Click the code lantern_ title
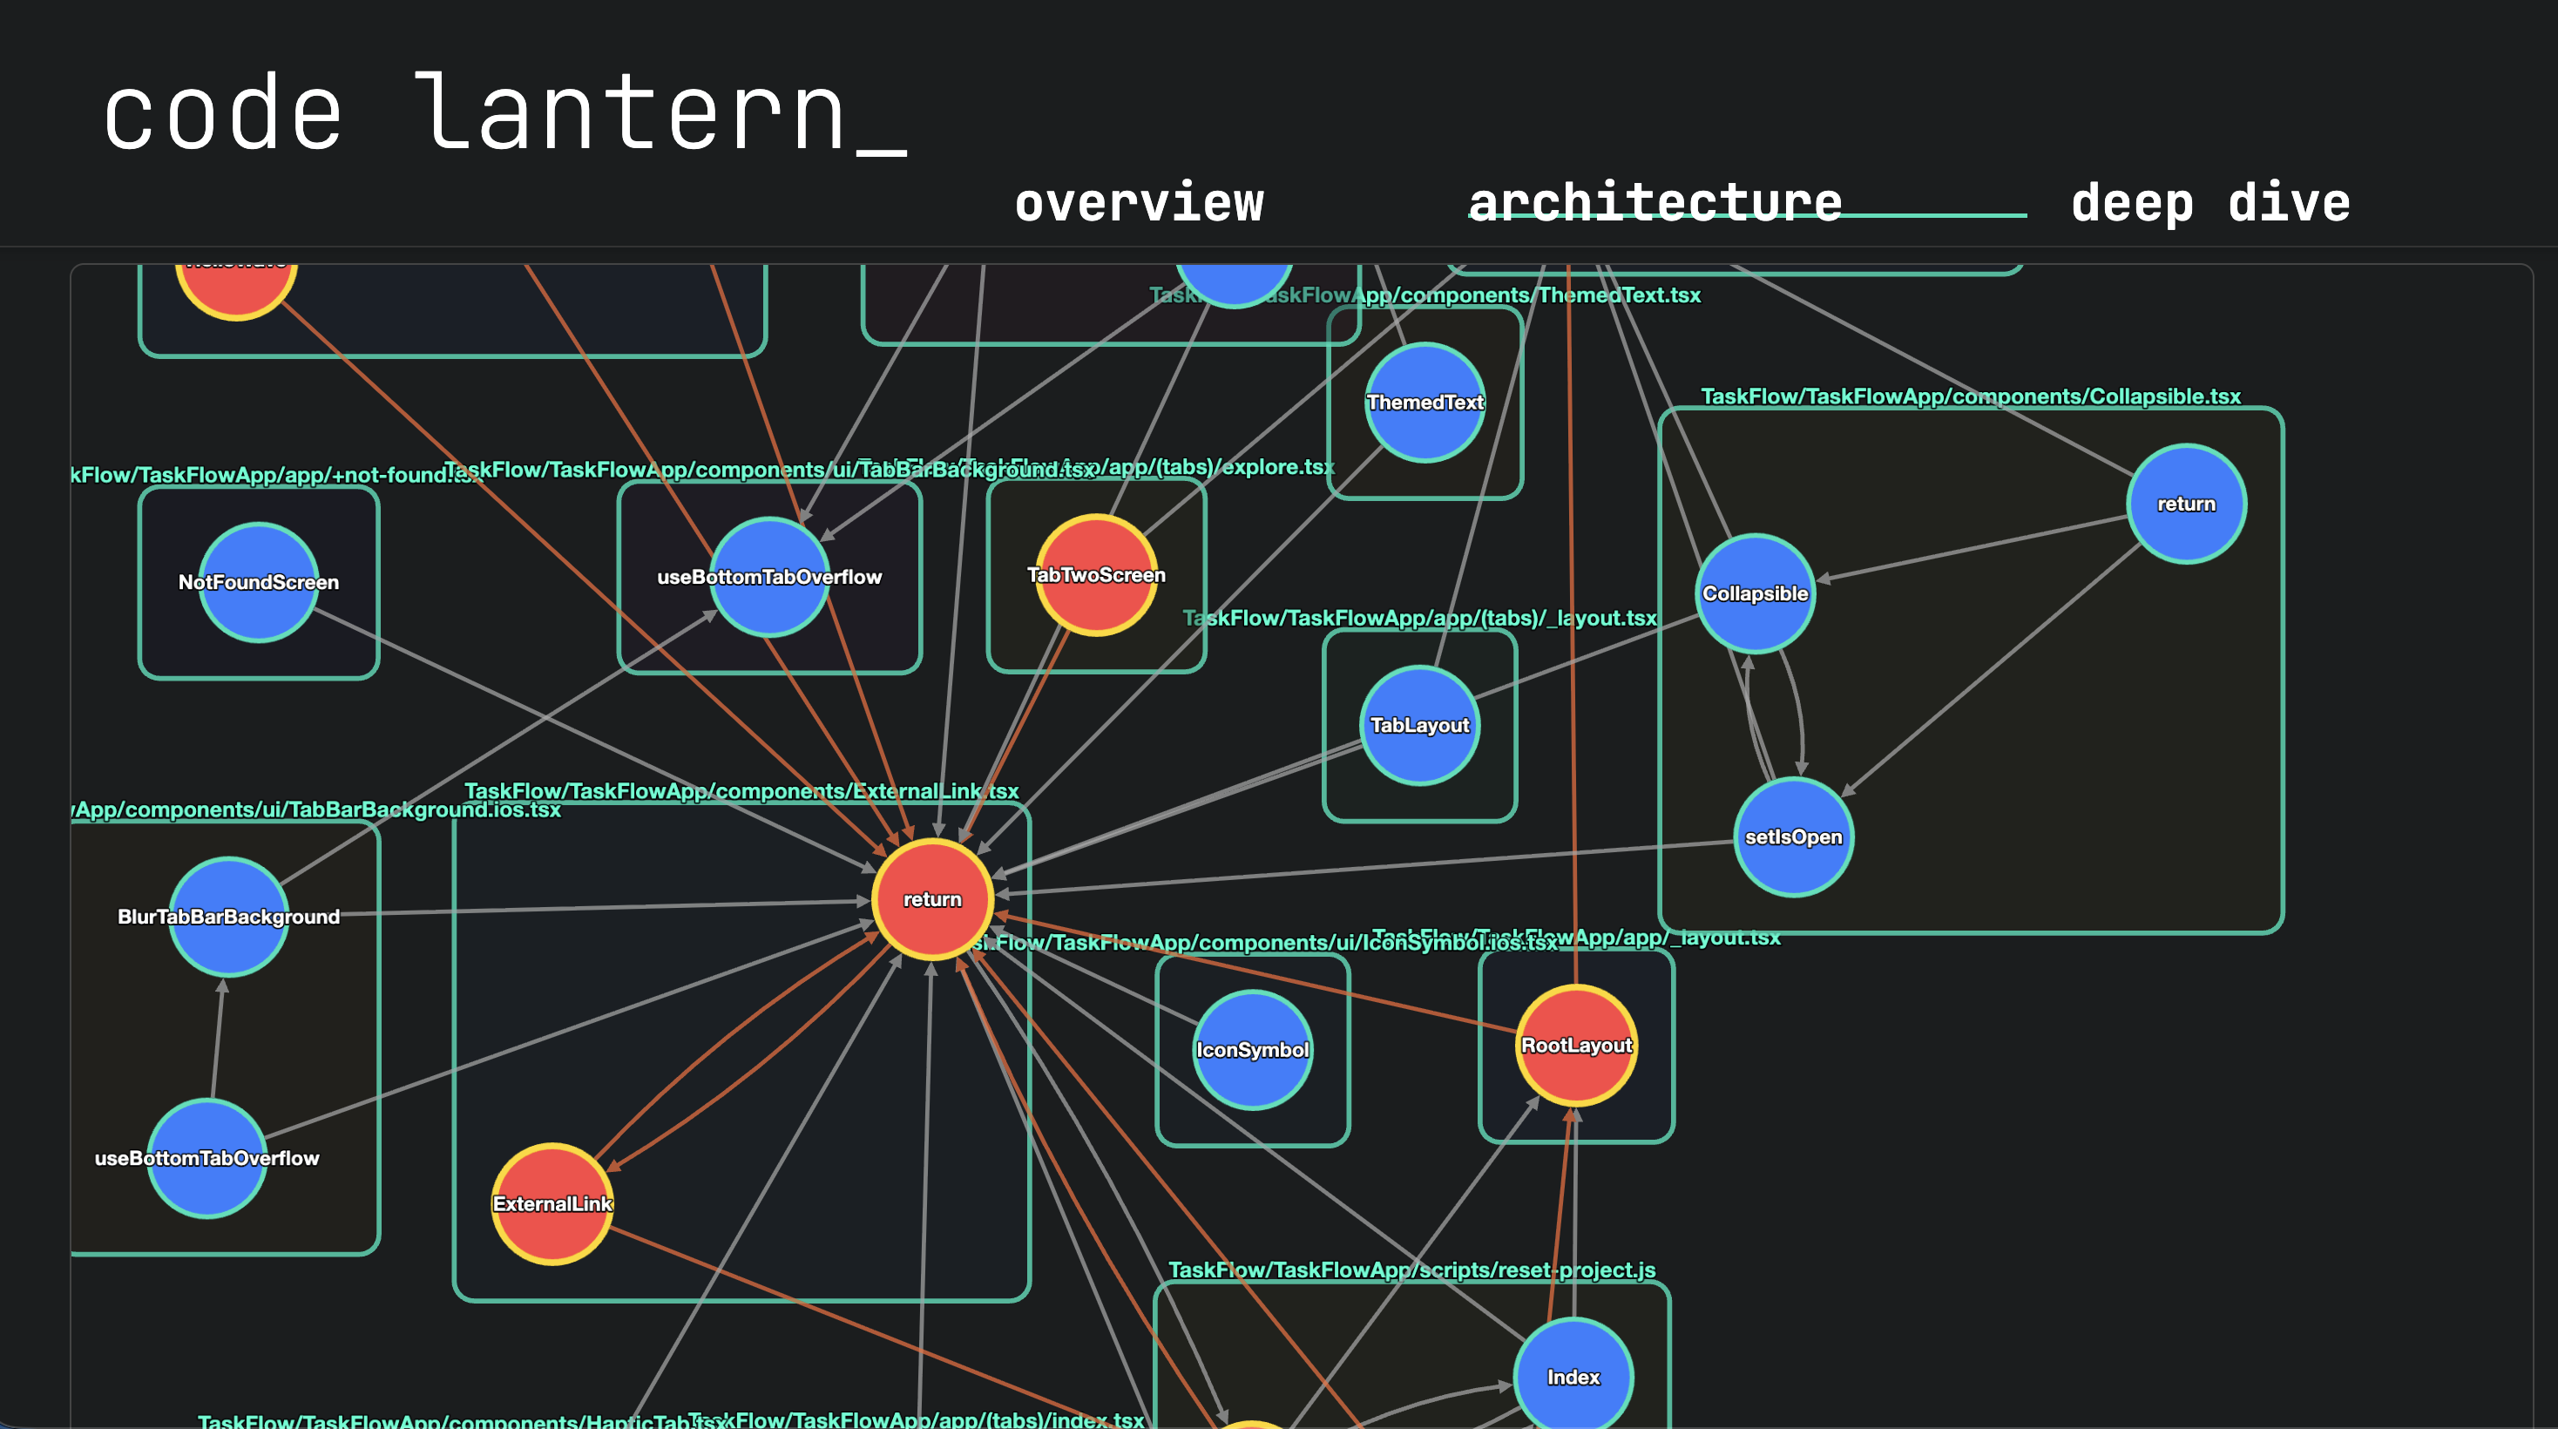[x=504, y=114]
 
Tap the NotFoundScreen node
[x=258, y=582]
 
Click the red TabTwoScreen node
[x=1096, y=575]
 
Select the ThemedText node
[x=1425, y=403]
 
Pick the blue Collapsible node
[x=1755, y=594]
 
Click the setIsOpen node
[x=1793, y=837]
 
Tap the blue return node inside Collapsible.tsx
[x=2186, y=505]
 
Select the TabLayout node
[x=1419, y=726]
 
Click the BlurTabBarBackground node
[x=228, y=917]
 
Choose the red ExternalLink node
[x=552, y=1203]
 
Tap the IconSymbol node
[x=1252, y=1050]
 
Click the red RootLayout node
[x=1576, y=1045]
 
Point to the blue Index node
[x=1573, y=1377]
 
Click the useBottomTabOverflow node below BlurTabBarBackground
[x=206, y=1158]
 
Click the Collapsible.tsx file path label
[x=1970, y=396]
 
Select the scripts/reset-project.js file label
[x=1411, y=1270]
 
